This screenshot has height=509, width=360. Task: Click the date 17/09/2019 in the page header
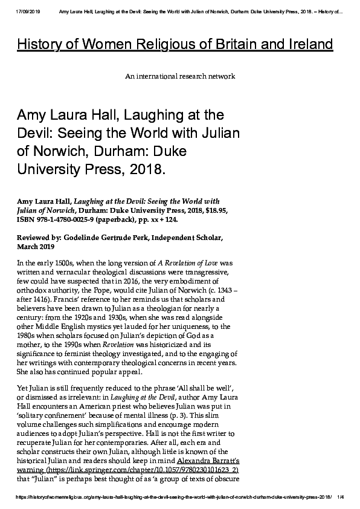coord(25,10)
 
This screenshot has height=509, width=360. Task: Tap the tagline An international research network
coord(179,77)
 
